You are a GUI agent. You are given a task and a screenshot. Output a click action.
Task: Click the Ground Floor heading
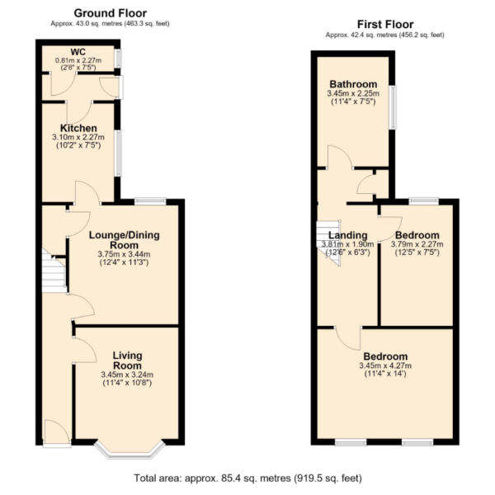111,13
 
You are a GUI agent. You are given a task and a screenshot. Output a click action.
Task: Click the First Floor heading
385,24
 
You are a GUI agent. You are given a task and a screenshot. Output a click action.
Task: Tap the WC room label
78,52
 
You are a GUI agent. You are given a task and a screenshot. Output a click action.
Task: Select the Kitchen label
78,128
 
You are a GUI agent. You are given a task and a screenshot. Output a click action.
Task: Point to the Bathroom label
353,84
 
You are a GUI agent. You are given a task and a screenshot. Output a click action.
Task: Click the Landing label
348,235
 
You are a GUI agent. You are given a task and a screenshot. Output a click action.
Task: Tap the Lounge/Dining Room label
124,240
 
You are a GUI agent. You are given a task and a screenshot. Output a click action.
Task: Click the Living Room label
128,361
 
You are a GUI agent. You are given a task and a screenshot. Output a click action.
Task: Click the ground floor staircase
54,271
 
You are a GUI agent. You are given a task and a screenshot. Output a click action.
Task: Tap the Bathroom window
393,107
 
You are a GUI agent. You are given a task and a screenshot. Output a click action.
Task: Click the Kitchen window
118,153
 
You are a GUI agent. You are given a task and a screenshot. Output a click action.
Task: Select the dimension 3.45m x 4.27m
385,365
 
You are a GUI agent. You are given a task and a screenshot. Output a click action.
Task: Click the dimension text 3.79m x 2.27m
417,244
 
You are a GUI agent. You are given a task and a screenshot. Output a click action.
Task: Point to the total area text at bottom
248,478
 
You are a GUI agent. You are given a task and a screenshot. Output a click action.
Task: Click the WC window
118,58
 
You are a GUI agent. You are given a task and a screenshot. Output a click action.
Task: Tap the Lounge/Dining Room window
150,200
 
